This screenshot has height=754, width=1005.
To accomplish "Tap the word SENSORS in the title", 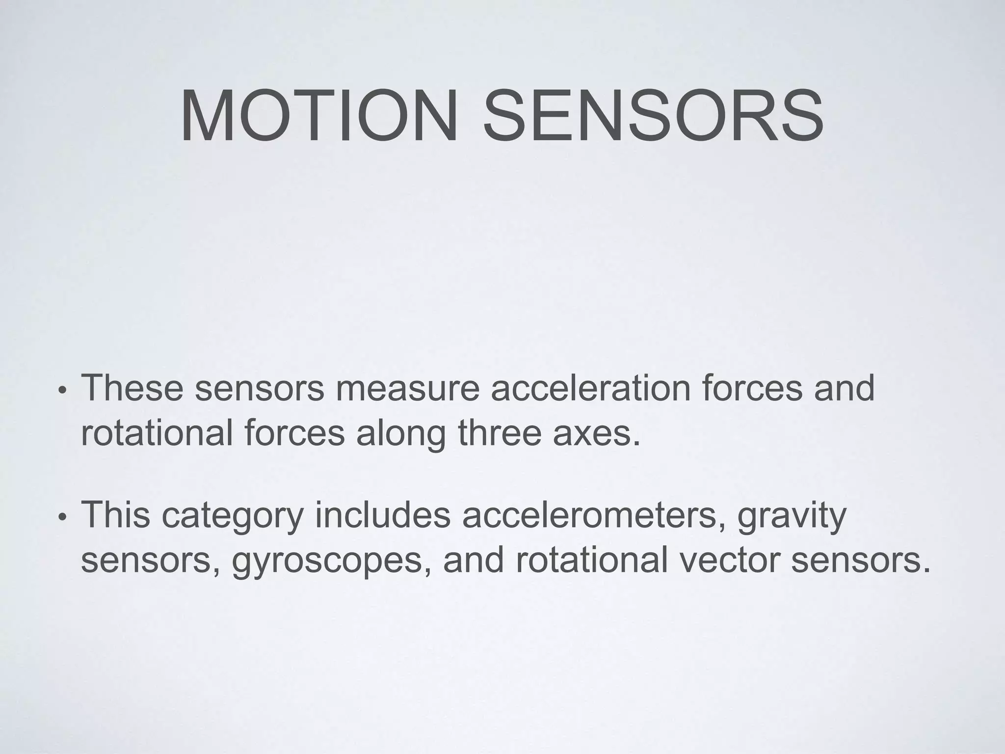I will click(653, 116).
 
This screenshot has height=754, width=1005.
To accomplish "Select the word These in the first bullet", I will click(132, 388).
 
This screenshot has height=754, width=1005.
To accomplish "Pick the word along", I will click(400, 433).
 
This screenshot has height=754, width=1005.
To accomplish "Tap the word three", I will click(500, 433).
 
